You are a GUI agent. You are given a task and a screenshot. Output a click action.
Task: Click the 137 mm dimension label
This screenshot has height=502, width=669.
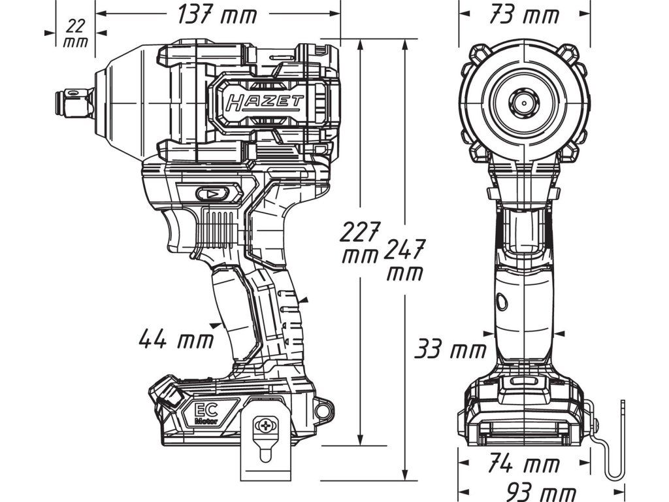[218, 16]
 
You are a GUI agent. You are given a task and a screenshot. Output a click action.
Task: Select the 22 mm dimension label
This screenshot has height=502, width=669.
[76, 34]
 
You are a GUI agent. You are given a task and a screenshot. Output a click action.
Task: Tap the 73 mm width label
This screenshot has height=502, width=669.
[525, 16]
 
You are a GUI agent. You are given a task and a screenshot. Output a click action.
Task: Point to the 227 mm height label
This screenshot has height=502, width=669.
[360, 243]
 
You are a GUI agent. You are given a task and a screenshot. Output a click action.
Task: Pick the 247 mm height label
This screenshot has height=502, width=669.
[404, 260]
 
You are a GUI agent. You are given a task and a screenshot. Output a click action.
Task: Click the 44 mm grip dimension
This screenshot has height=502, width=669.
[176, 339]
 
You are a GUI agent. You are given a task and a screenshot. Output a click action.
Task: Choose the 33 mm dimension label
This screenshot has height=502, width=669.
[451, 349]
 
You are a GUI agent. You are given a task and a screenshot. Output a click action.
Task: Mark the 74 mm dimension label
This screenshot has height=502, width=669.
[523, 463]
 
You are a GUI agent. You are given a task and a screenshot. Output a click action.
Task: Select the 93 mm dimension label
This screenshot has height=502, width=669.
[541, 493]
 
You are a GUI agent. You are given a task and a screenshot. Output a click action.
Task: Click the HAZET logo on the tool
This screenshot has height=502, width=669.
[265, 103]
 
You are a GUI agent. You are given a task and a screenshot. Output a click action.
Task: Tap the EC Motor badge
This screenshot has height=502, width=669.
[207, 414]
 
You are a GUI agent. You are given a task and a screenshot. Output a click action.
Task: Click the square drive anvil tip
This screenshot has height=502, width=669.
[74, 103]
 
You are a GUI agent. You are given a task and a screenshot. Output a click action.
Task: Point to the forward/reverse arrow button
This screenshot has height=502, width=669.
[212, 194]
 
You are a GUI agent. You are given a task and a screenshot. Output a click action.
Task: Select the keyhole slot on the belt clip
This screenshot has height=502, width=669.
[265, 452]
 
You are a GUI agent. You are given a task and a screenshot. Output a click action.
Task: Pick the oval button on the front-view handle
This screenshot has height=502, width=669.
[502, 302]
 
